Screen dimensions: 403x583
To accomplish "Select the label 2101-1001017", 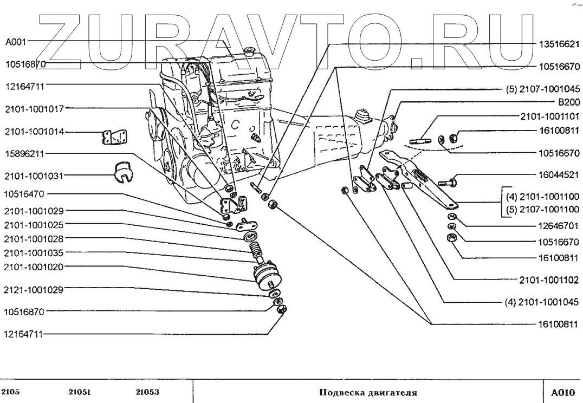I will coord(34,108).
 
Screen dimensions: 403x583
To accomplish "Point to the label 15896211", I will coord(25,153).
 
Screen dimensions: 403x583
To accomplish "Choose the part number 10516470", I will coord(25,193).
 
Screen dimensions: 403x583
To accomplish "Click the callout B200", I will coord(568,101).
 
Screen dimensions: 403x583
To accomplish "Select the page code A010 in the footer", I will coord(562,392).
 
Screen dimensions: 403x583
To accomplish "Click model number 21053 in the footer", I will coord(147,392).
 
